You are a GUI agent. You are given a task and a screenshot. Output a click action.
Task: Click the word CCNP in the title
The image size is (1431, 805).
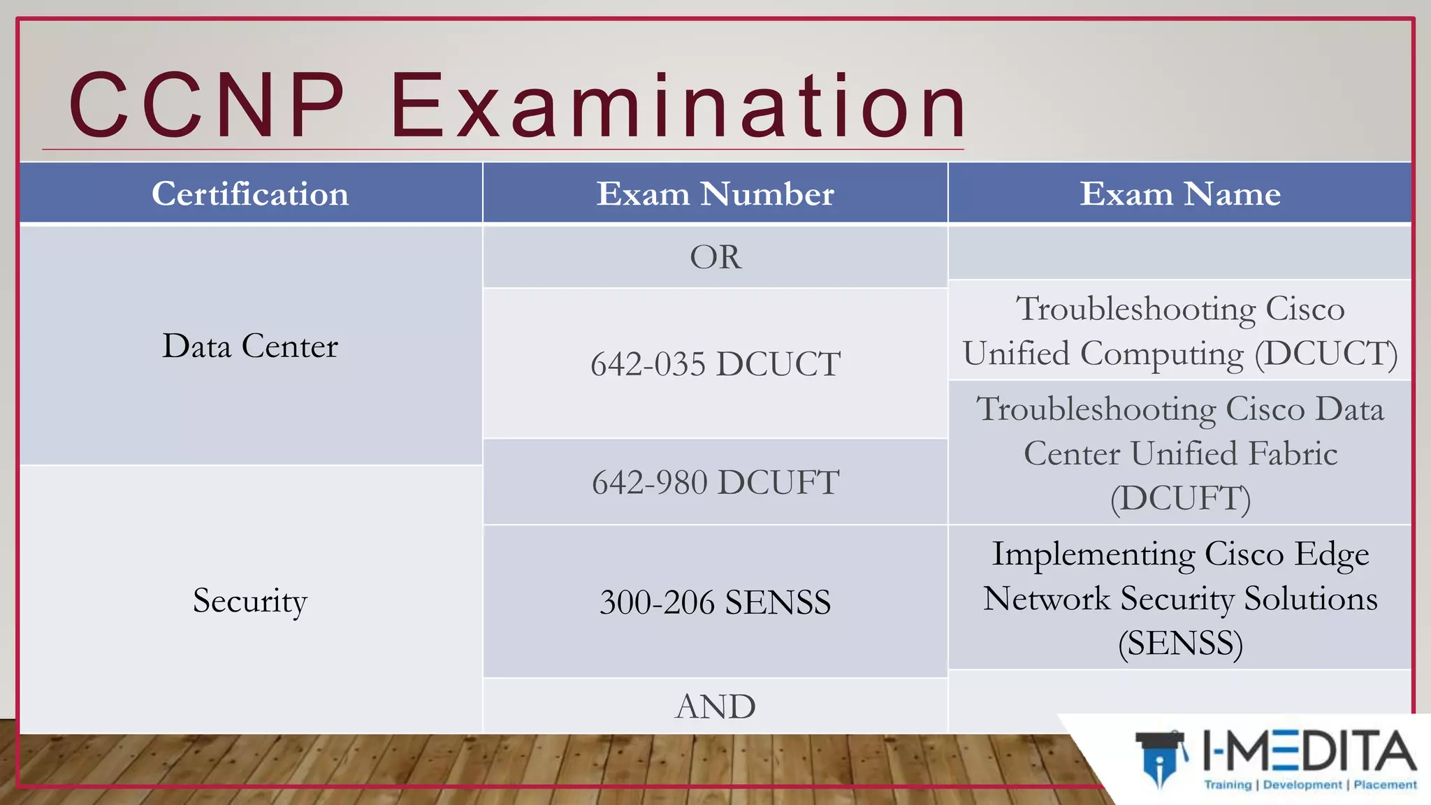tap(207, 106)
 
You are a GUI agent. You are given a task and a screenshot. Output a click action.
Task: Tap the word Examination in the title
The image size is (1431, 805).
tap(678, 106)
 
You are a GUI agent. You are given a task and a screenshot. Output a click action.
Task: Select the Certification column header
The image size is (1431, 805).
tap(250, 194)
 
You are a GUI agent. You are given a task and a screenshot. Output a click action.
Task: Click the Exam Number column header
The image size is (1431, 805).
tap(715, 194)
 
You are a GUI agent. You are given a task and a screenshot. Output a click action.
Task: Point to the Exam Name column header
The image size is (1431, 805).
tap(1180, 194)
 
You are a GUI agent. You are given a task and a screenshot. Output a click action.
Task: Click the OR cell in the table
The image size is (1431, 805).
tap(715, 257)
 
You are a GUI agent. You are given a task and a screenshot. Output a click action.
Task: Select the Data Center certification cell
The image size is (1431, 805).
tap(250, 346)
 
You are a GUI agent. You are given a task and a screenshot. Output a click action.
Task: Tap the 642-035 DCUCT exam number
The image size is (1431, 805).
tap(715, 364)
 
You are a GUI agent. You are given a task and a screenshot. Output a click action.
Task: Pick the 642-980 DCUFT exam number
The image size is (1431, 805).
tap(715, 482)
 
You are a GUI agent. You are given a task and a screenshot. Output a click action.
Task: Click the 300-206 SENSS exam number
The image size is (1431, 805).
tap(715, 602)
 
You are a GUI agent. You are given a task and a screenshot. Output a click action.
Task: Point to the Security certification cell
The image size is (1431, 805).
tap(250, 601)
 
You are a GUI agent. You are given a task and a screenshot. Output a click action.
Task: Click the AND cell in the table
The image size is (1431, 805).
tap(715, 706)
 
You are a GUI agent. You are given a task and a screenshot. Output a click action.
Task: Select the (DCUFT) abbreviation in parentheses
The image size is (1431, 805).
tap(1180, 499)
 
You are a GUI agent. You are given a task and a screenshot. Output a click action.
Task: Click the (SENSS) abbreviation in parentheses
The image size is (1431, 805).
tap(1180, 644)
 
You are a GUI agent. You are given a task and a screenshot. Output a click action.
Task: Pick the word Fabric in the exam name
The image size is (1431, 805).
tap(1293, 454)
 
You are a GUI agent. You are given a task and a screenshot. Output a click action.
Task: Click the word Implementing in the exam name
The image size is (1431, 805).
tap(1094, 555)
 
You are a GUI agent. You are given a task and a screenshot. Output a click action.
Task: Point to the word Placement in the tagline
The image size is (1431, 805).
tap(1385, 785)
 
